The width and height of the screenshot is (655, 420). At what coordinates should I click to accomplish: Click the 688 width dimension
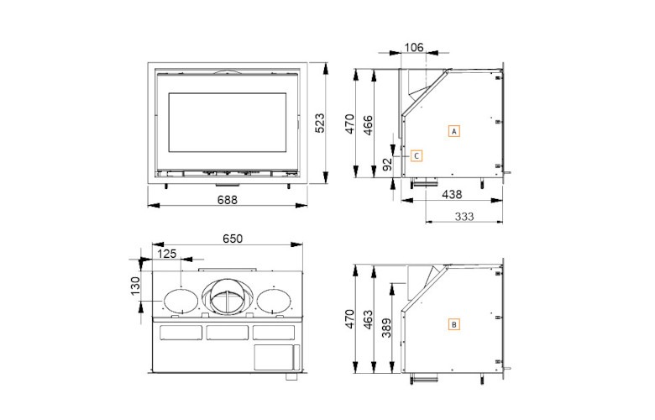coord(227,200)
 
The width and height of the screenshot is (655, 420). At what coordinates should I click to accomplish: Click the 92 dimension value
coord(387,165)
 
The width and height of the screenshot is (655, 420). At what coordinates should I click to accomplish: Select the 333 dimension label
coord(464,216)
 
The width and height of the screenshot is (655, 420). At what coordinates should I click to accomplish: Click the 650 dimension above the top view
coord(232,239)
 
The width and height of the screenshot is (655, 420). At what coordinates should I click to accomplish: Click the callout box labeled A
coord(453,132)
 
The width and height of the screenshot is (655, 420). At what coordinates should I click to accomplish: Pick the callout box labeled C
coord(416,155)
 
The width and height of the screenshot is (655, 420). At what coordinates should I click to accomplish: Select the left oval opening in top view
coord(178,300)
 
